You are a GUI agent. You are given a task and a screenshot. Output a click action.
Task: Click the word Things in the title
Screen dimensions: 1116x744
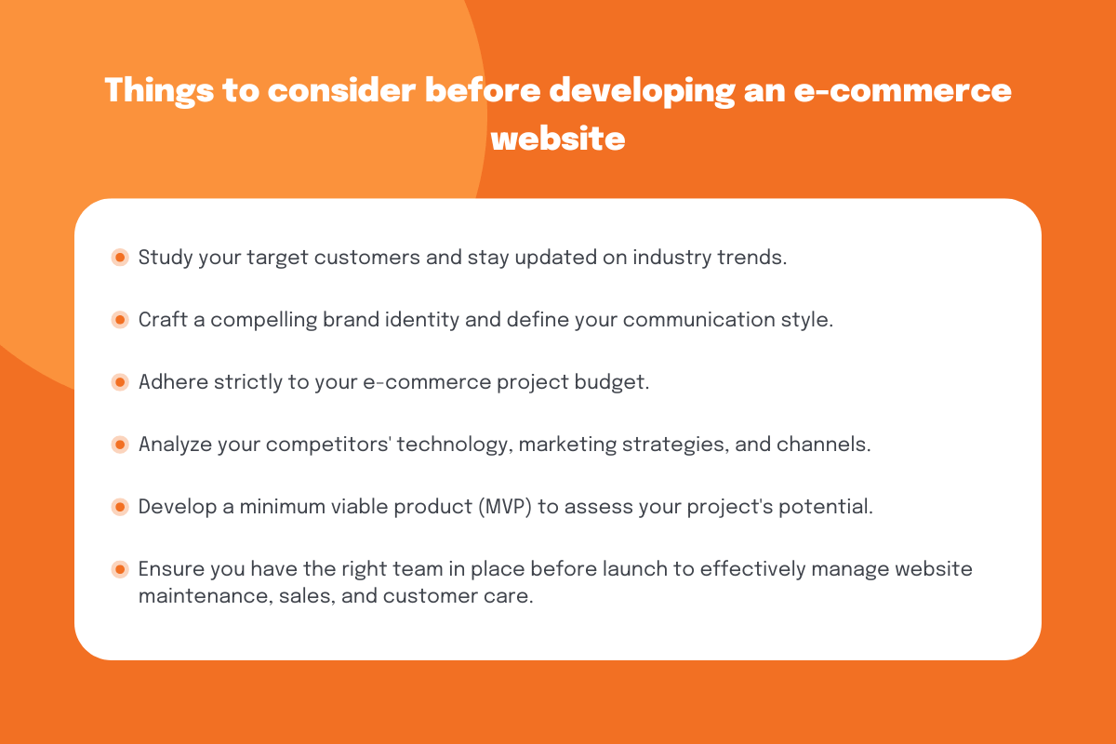159,91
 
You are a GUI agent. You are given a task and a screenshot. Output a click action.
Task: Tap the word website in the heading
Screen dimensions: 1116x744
558,139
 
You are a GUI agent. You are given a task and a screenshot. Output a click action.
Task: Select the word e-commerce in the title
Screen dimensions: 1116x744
902,91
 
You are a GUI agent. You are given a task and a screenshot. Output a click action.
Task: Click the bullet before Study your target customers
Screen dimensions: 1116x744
120,258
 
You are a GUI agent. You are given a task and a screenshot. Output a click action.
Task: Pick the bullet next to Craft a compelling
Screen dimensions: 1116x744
120,320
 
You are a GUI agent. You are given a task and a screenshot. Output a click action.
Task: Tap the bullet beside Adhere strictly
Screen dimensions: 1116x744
120,382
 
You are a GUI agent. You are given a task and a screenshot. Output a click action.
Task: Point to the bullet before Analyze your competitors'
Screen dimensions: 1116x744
120,445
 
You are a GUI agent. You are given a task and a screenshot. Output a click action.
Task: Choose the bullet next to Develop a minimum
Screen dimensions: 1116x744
120,507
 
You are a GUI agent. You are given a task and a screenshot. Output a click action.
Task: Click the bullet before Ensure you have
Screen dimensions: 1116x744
120,569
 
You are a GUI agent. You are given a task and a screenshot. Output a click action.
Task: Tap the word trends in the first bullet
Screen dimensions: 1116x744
751,258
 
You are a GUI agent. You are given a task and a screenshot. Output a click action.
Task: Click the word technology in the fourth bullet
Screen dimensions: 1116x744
455,445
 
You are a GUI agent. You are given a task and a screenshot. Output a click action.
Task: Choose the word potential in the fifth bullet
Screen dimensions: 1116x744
826,507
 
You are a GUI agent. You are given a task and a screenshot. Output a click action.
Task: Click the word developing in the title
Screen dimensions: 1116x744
643,92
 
